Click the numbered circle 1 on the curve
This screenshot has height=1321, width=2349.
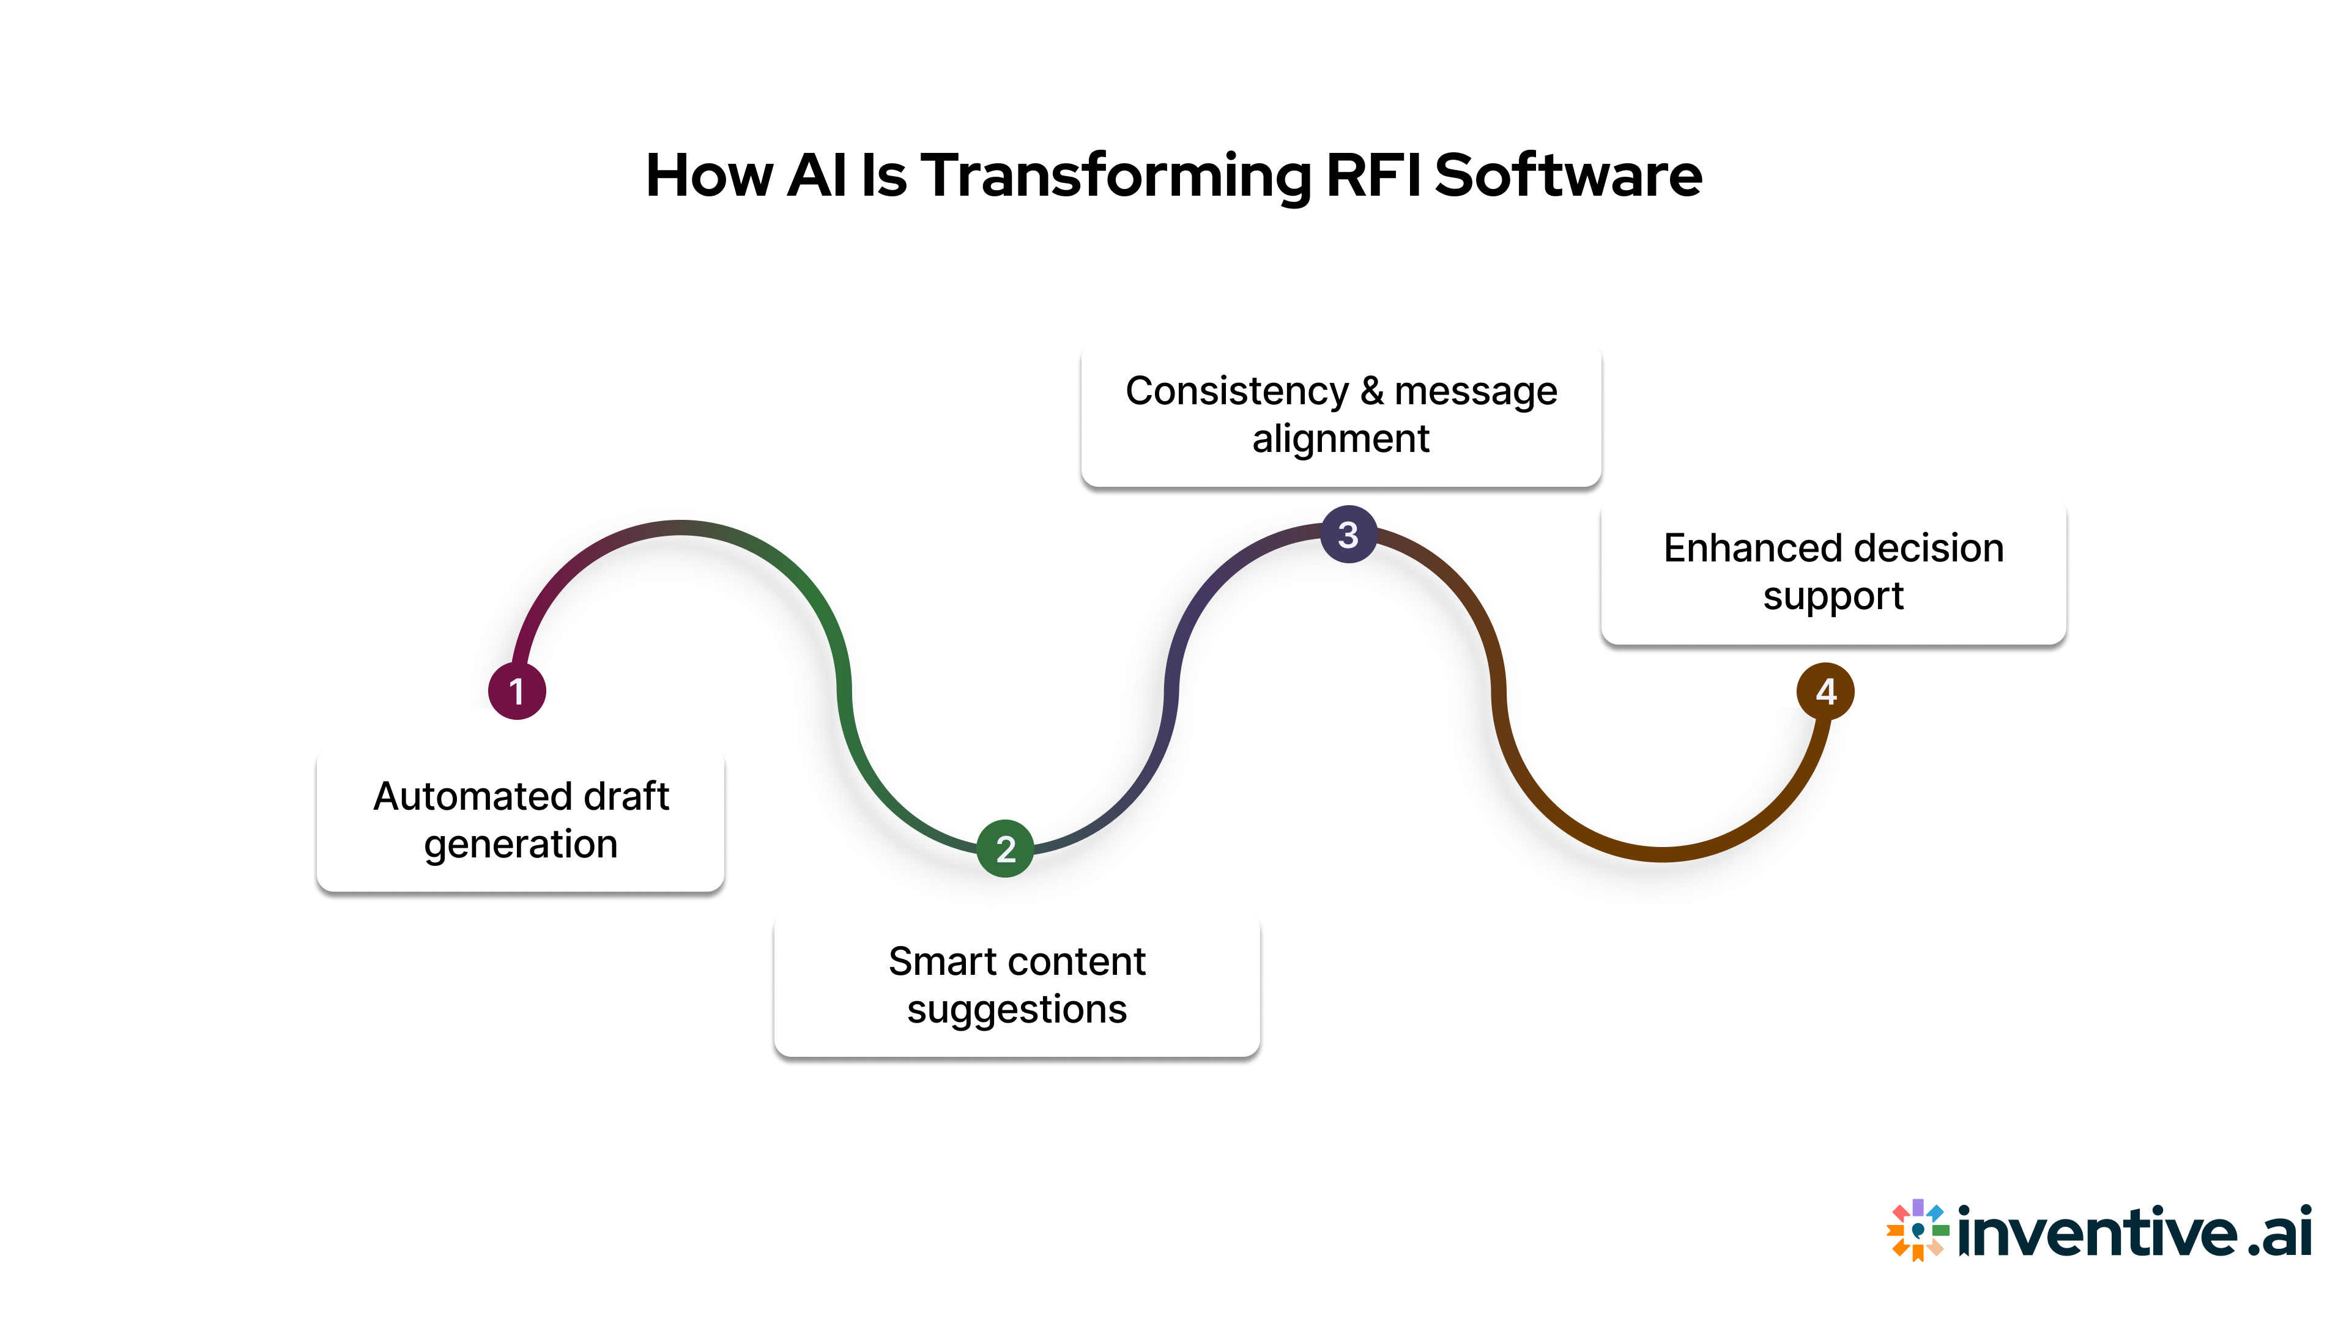(517, 691)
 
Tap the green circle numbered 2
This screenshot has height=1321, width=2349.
(1005, 849)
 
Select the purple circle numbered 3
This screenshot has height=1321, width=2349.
(1348, 535)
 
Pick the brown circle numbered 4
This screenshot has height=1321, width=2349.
(1825, 691)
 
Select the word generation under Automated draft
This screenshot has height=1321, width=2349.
(521, 844)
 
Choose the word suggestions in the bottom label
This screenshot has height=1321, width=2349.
(1017, 1009)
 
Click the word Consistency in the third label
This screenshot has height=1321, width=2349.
(1236, 391)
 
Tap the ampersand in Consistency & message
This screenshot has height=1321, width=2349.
(1371, 391)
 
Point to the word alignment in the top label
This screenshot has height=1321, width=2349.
(1340, 440)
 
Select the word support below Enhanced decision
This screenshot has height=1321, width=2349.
(1833, 596)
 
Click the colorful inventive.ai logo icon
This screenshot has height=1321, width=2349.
(1918, 1230)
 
